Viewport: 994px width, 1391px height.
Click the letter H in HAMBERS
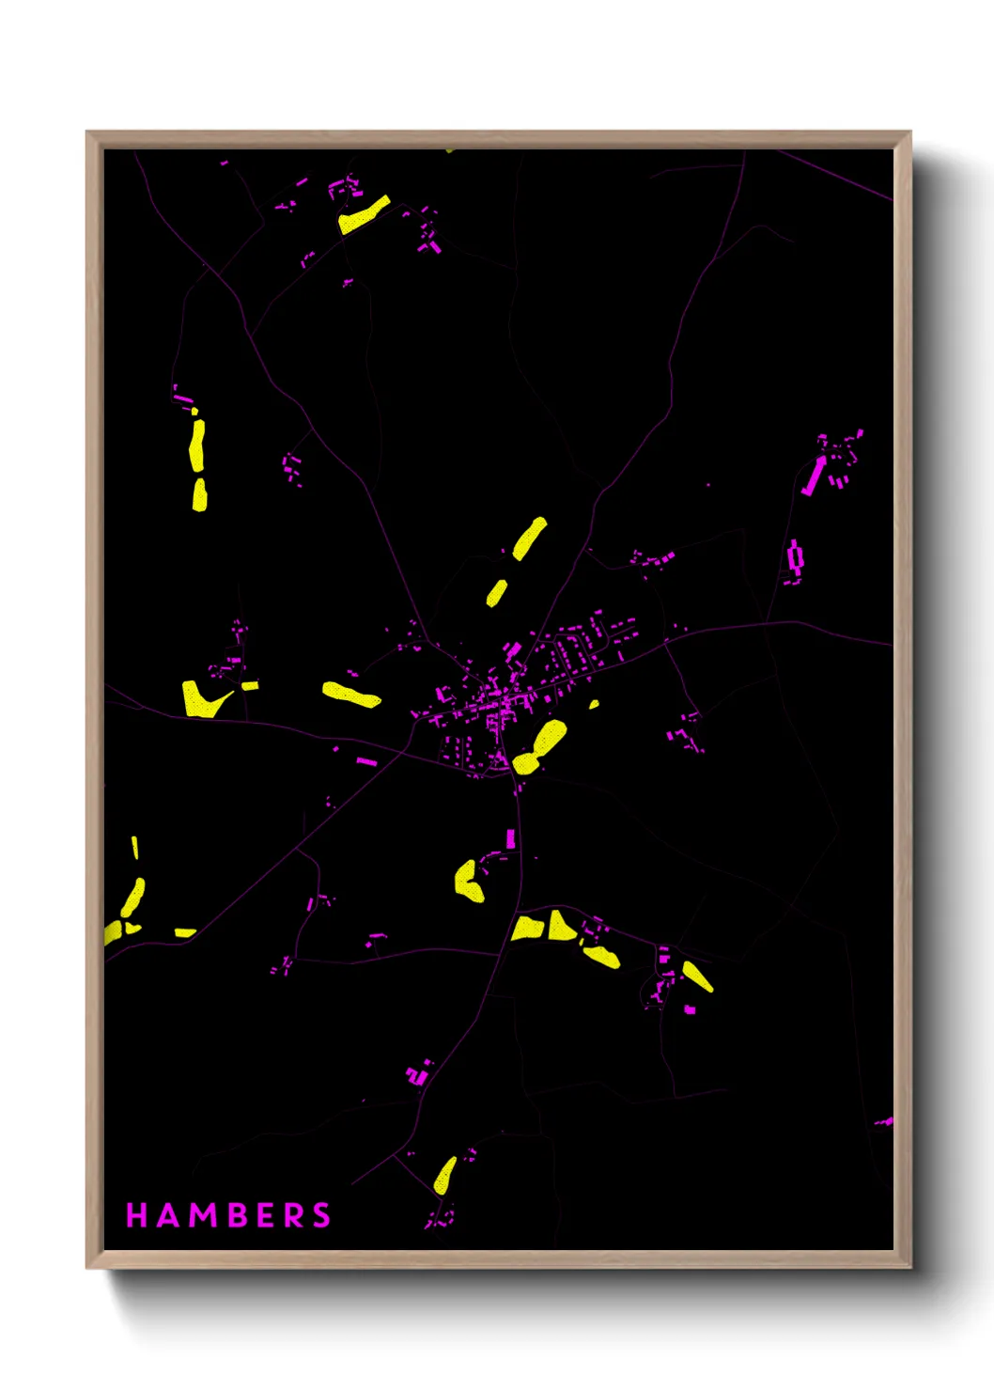click(x=137, y=1215)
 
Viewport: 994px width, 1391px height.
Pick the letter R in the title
click(x=294, y=1215)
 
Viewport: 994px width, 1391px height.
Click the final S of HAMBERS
click(x=321, y=1215)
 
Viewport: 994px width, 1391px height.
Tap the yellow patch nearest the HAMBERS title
click(x=444, y=1175)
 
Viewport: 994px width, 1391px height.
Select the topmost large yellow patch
click(x=364, y=215)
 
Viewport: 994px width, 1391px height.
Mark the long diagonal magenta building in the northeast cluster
click(x=813, y=477)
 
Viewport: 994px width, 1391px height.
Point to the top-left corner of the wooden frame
click(x=87, y=133)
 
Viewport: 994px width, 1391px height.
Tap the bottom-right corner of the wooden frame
click(x=909, y=1267)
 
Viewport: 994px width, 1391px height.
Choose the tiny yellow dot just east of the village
click(x=594, y=704)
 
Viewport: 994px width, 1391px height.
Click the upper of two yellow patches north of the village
click(x=529, y=539)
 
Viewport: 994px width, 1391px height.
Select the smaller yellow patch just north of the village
click(x=496, y=593)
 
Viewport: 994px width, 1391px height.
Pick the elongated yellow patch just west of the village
click(x=351, y=695)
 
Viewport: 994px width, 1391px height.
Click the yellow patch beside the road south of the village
click(x=468, y=881)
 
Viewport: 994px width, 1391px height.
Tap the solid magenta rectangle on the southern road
click(x=511, y=838)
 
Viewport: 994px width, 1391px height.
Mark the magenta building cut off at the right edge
click(x=884, y=1121)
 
